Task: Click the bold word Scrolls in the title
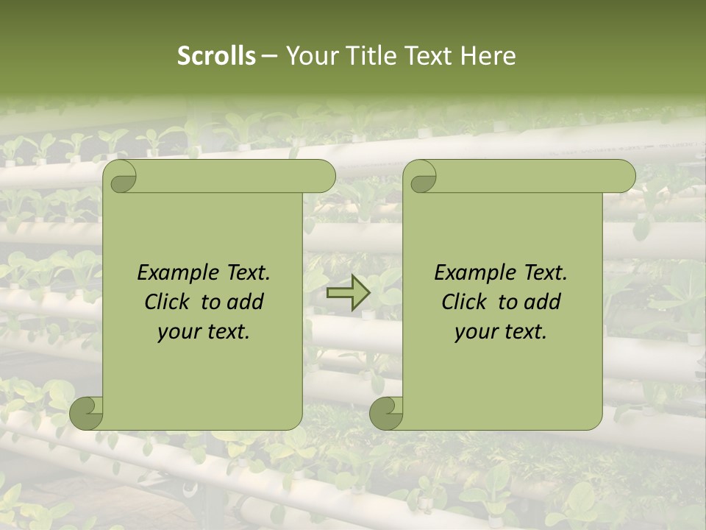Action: (x=217, y=56)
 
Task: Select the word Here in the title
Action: (x=488, y=56)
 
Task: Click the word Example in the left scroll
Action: (x=173, y=273)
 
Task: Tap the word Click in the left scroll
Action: (x=168, y=302)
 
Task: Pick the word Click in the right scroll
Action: (x=466, y=302)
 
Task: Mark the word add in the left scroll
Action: (x=245, y=302)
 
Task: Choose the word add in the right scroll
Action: (x=542, y=302)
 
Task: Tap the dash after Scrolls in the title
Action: (x=269, y=56)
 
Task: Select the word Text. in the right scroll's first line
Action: (x=541, y=273)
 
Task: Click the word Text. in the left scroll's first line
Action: (x=244, y=273)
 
